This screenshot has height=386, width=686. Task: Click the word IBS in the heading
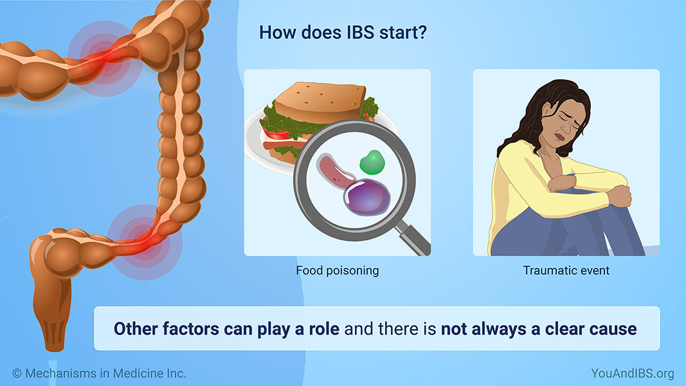pyautogui.click(x=361, y=32)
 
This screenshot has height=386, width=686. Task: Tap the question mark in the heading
pyautogui.click(x=422, y=32)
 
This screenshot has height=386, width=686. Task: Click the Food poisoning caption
pyautogui.click(x=338, y=270)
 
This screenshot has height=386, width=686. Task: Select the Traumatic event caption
pyautogui.click(x=566, y=270)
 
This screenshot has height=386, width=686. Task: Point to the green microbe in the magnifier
pyautogui.click(x=372, y=162)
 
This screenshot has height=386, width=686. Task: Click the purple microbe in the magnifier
pyautogui.click(x=367, y=197)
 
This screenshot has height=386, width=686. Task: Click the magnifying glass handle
pyautogui.click(x=414, y=238)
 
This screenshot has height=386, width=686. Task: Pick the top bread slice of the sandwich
pyautogui.click(x=321, y=102)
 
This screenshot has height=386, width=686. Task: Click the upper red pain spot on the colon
pyautogui.click(x=105, y=59)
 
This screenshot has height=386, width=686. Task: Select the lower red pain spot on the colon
pyautogui.click(x=145, y=242)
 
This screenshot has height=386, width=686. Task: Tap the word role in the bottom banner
pyautogui.click(x=324, y=329)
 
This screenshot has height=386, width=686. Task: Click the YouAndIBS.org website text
pyautogui.click(x=633, y=373)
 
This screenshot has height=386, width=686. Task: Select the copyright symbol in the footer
pyautogui.click(x=17, y=373)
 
